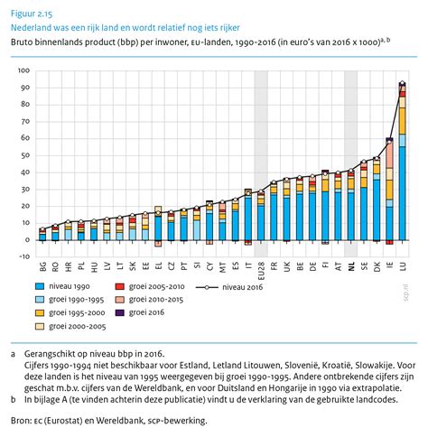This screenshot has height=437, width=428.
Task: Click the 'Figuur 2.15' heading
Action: (x=32, y=14)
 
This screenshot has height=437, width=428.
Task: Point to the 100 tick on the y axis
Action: (x=23, y=70)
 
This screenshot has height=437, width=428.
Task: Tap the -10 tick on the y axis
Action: (x=23, y=256)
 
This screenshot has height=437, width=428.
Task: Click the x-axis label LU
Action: (x=403, y=266)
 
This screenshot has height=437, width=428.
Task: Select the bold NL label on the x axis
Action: (x=351, y=266)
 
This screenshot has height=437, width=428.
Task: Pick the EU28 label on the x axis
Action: (x=261, y=268)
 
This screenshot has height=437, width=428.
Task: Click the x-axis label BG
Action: (x=42, y=266)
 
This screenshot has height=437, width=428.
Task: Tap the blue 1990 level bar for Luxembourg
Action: (x=403, y=193)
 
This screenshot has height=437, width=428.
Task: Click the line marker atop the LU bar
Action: (x=403, y=83)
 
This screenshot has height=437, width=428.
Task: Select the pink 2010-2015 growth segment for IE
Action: (x=389, y=154)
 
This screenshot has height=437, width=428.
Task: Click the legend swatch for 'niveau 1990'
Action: (x=40, y=286)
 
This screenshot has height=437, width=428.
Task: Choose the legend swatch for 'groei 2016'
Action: (x=119, y=312)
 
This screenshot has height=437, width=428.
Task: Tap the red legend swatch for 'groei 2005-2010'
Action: (x=119, y=286)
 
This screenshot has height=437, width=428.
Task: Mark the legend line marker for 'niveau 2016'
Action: (x=207, y=287)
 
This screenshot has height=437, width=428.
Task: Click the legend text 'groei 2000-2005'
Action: (x=78, y=326)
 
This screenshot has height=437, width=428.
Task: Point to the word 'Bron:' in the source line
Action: (x=21, y=421)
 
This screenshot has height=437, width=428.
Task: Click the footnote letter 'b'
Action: (x=14, y=400)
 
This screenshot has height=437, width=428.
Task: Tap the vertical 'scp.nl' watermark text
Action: (x=406, y=293)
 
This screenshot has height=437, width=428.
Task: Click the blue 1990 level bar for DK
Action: (x=377, y=210)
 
